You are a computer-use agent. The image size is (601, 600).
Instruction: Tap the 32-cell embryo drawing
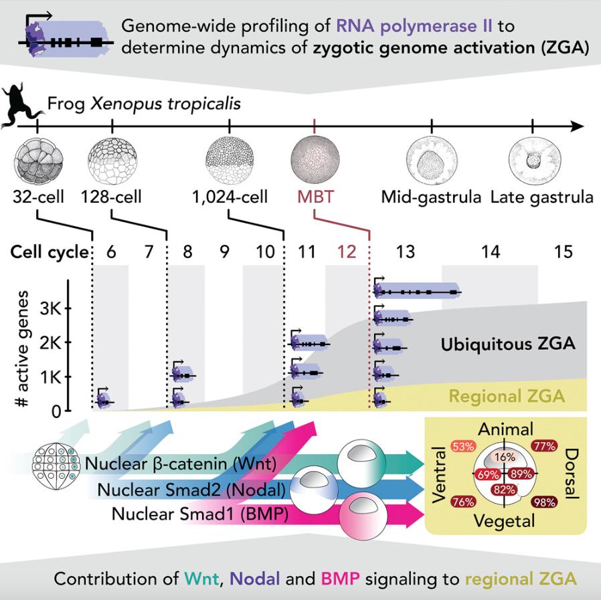click(37, 161)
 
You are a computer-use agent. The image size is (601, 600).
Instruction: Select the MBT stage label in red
click(314, 198)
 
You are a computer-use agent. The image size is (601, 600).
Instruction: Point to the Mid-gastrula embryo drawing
click(432, 161)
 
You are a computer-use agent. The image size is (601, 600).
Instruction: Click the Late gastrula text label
click(541, 198)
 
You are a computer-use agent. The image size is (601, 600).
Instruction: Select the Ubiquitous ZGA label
click(508, 345)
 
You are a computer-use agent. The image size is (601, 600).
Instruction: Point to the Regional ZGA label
click(507, 396)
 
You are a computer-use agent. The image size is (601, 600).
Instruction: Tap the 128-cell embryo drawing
click(112, 161)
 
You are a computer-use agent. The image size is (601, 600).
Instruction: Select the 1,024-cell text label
click(230, 198)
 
